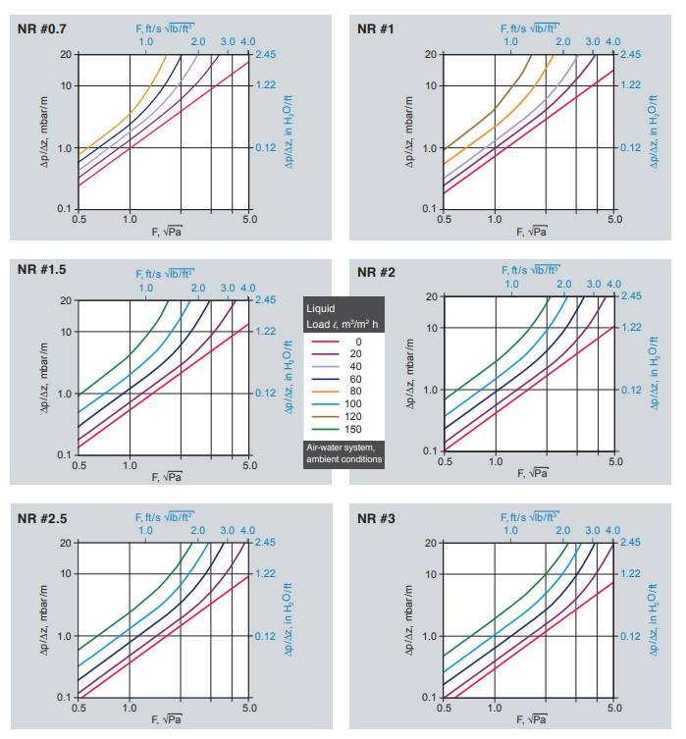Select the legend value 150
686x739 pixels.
pyautogui.click(x=354, y=429)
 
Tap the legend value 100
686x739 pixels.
pyautogui.click(x=354, y=403)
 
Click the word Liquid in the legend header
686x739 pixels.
pyautogui.click(x=321, y=308)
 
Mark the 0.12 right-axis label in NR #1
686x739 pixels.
pyautogui.click(x=630, y=148)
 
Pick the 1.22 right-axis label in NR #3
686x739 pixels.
pyautogui.click(x=630, y=573)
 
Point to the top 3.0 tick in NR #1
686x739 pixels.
pyautogui.click(x=593, y=42)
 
